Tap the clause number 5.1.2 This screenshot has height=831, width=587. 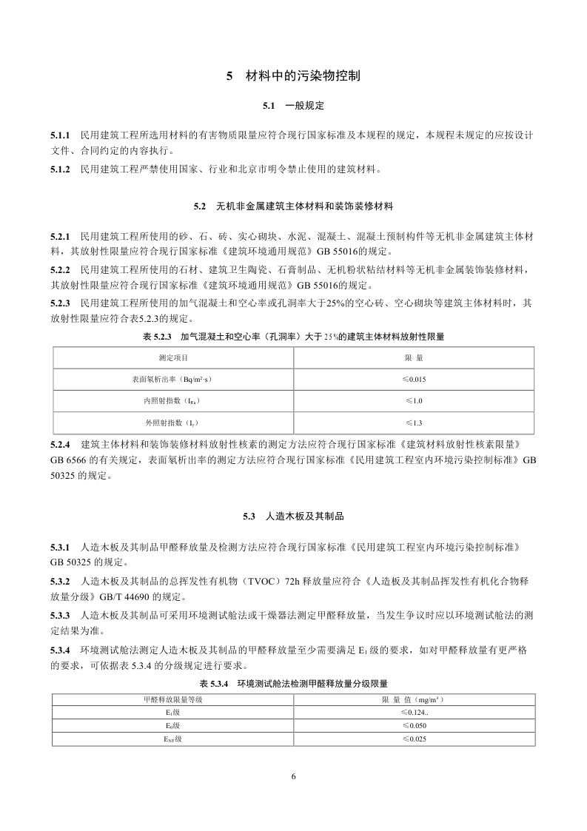tap(60, 169)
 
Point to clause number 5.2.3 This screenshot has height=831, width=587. tap(60, 303)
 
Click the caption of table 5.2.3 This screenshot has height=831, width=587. tap(293, 336)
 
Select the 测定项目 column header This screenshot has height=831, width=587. tap(172, 357)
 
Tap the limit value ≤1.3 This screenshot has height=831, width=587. tap(414, 423)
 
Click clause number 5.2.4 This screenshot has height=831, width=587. tap(60, 444)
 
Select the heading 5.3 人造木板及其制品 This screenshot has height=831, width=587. tap(293, 515)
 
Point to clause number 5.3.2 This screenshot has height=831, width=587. tap(60, 581)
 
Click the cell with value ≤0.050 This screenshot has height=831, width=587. tap(414, 725)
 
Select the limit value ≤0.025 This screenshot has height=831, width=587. tap(414, 739)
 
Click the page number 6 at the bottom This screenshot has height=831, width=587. tap(294, 776)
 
